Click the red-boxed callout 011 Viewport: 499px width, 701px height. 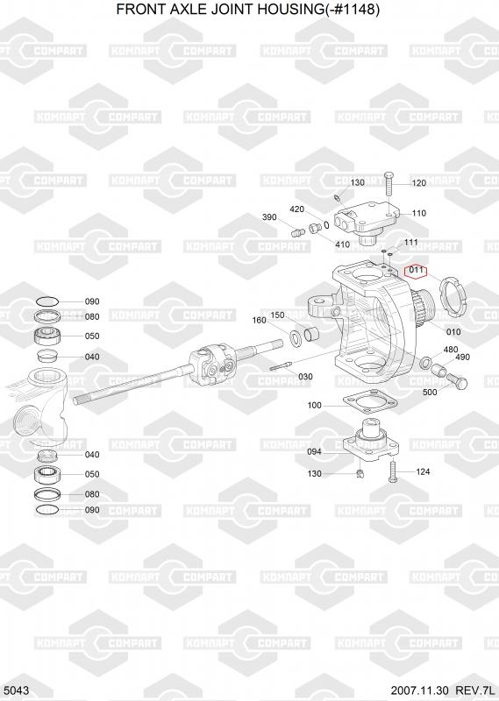416,270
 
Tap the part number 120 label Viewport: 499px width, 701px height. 419,183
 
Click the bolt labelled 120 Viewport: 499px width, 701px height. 388,183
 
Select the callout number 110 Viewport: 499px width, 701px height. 419,213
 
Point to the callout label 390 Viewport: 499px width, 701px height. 269,217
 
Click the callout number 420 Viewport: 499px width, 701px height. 297,209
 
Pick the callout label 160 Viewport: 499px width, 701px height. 259,320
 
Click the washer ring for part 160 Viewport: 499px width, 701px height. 296,337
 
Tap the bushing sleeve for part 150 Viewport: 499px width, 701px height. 311,334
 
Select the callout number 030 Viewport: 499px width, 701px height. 305,377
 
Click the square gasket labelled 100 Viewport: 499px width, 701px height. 370,402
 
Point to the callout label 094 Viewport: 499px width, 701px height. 314,452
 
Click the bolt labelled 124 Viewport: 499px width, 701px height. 393,471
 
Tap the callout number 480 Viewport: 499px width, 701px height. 450,350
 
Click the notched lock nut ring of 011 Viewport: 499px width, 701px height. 452,296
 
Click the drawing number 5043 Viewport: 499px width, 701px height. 18,690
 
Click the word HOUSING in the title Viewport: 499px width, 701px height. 288,9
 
